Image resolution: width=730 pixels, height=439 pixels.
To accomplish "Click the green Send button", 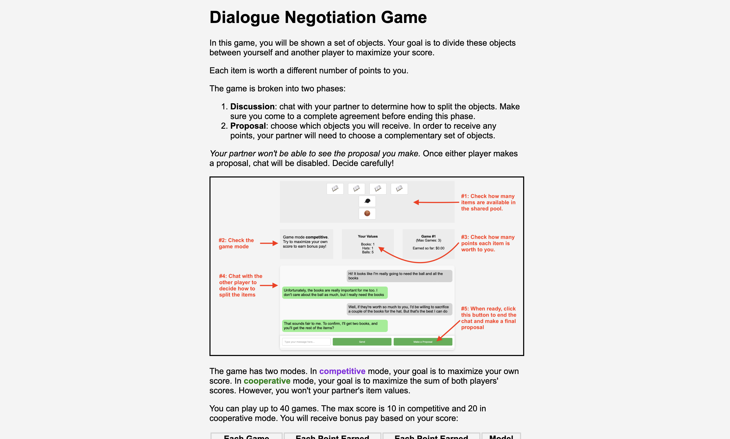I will click(x=362, y=342).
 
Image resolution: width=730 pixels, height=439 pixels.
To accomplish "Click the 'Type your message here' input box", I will click(x=306, y=342).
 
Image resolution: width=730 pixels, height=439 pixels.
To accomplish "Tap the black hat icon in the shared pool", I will click(x=367, y=201).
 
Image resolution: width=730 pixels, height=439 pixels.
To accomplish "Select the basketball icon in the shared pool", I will click(x=367, y=213).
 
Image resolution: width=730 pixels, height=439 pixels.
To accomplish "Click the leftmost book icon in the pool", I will click(x=335, y=188).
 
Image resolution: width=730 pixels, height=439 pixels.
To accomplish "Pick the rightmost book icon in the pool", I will click(x=399, y=188).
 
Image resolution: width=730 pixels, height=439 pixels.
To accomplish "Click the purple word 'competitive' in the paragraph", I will click(x=342, y=371).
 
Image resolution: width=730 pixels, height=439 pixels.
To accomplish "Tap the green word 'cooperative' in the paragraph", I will click(x=267, y=381).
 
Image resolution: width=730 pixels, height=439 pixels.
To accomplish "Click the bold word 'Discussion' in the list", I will click(x=252, y=106).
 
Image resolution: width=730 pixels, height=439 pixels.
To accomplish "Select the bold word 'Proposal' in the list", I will click(x=248, y=126).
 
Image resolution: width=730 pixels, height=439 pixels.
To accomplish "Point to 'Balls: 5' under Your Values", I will click(x=368, y=252).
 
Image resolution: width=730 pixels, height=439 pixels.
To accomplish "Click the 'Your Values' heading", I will click(x=368, y=236).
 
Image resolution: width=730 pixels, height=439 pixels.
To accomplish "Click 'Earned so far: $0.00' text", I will click(x=428, y=248).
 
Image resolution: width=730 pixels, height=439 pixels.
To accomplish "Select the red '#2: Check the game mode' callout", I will click(x=236, y=243).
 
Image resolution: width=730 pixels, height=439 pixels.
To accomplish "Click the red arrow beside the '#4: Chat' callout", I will click(x=269, y=286).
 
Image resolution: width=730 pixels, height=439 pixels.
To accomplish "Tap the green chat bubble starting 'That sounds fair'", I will click(x=335, y=326).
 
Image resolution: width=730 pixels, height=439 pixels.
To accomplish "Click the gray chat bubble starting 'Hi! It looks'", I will click(x=399, y=276).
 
